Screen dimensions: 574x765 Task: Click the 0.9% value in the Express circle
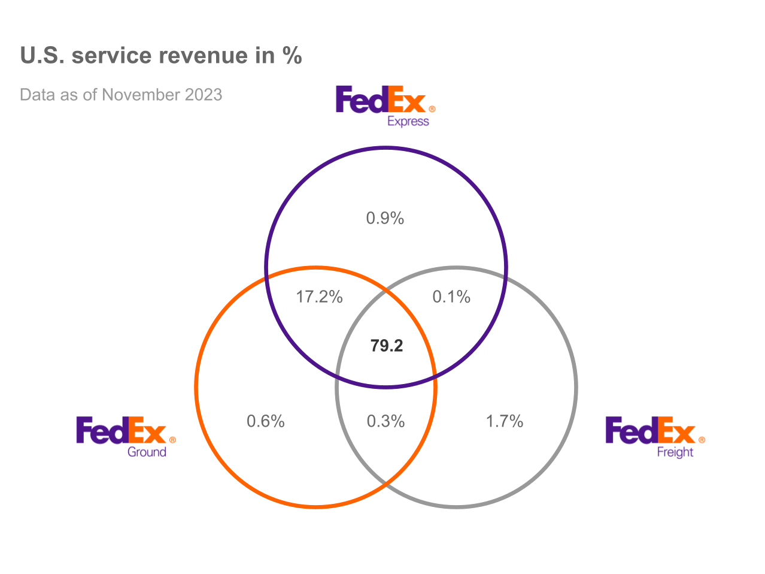[x=385, y=218]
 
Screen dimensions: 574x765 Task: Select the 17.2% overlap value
[x=319, y=297]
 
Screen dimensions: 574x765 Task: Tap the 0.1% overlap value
[x=451, y=297]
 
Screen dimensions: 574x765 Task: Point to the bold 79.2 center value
[x=387, y=346]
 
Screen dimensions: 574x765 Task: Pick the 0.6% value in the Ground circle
[x=266, y=421]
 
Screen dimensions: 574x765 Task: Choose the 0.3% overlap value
[x=385, y=421]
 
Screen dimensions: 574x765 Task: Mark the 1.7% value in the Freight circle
[x=505, y=421]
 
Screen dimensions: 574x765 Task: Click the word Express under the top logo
[x=408, y=122]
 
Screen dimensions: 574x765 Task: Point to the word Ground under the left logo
[x=147, y=452]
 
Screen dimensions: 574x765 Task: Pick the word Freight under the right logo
[x=675, y=452]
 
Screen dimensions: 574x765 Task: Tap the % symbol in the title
[x=292, y=56]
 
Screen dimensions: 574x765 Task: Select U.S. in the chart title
[x=42, y=56]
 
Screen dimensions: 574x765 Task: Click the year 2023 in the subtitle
[x=204, y=95]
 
